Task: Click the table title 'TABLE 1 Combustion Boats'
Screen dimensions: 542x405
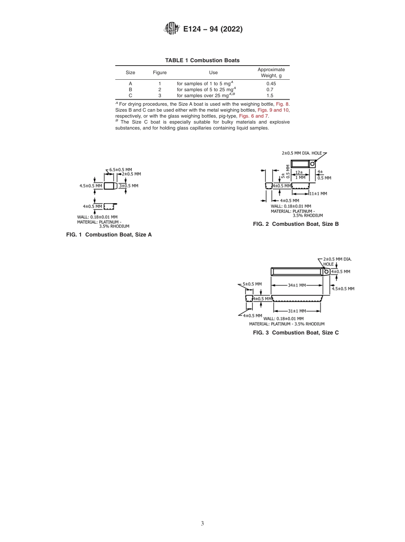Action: point(202,61)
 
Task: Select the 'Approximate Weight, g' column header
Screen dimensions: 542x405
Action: point(271,72)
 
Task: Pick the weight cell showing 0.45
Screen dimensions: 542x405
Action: point(271,84)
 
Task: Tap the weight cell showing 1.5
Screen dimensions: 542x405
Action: point(270,95)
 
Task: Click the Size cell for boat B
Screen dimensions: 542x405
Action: point(130,89)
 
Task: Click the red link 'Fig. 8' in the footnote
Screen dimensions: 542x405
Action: point(283,104)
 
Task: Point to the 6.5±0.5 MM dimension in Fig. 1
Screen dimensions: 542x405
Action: point(121,169)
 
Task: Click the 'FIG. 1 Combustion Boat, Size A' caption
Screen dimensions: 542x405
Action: point(109,235)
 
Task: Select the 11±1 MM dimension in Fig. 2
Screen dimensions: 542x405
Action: point(318,193)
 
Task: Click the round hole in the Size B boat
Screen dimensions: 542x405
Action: point(312,164)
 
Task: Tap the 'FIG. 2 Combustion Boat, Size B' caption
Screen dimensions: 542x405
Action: point(296,224)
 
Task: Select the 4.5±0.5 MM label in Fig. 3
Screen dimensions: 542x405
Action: point(343,288)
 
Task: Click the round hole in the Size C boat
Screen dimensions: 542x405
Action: point(327,271)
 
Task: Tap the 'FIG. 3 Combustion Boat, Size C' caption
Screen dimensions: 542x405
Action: point(296,332)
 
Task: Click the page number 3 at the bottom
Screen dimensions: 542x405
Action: point(202,523)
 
